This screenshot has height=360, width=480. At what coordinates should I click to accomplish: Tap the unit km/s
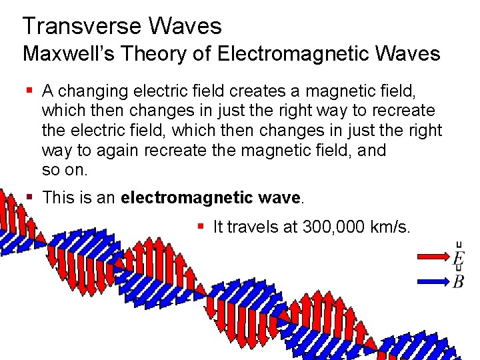tap(387, 227)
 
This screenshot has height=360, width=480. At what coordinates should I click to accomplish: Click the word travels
tap(257, 227)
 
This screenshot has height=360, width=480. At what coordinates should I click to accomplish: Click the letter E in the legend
tap(459, 259)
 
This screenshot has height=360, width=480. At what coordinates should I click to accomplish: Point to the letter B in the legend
tap(459, 282)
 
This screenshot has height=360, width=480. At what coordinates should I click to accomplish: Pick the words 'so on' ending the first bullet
tap(63, 170)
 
